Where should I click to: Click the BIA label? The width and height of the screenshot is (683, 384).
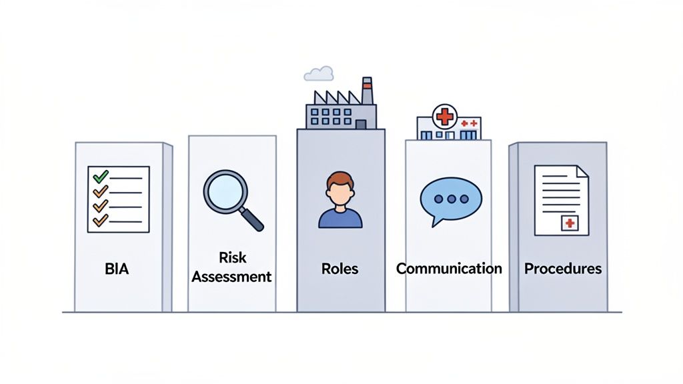117,269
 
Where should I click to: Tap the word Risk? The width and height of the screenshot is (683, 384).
231,257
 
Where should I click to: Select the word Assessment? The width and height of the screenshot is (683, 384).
231,276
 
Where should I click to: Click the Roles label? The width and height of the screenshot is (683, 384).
339,269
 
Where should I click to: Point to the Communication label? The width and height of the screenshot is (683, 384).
449,269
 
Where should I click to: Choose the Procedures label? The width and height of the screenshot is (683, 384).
563,269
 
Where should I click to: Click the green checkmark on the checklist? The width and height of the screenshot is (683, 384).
101,177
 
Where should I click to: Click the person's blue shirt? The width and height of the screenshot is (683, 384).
340,218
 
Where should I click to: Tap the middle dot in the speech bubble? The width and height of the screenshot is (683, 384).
451,199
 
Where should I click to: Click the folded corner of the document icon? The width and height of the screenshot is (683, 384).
582,172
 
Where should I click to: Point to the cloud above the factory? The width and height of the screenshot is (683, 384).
319,73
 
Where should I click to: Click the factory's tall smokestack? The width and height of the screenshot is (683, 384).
367,91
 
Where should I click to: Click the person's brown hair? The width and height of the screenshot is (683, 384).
340,179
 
